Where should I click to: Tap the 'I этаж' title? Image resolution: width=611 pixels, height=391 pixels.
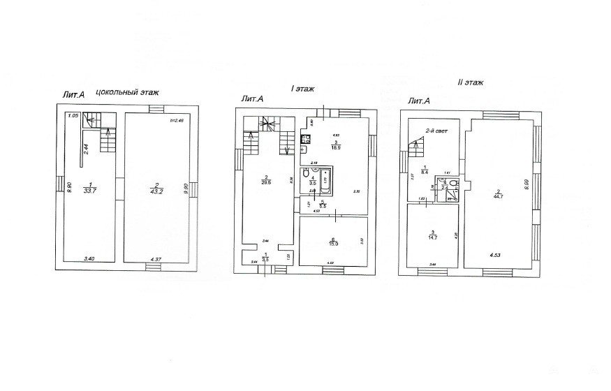tap(302, 89)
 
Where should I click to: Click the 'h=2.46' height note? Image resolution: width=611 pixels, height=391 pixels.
tap(176, 121)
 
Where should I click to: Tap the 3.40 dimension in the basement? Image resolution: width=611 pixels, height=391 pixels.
tap(89, 259)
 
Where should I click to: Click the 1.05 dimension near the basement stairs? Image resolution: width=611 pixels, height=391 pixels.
tap(72, 116)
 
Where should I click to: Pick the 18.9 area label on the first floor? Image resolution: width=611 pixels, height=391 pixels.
tap(335, 146)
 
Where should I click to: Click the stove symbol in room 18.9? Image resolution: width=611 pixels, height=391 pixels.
tap(306, 138)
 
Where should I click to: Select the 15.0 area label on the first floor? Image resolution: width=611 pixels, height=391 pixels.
tap(334, 242)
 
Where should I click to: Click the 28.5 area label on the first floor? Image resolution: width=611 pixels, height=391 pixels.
tap(266, 180)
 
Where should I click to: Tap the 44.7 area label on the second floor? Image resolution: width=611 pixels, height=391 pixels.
tap(499, 194)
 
